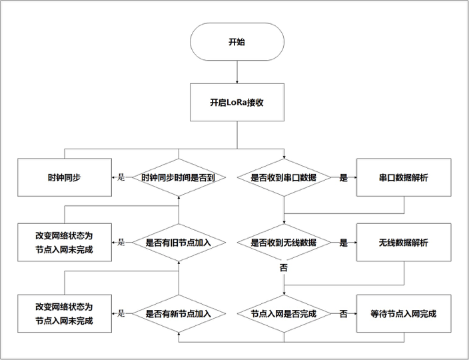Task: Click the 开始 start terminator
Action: coord(236,41)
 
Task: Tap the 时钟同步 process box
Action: coord(65,178)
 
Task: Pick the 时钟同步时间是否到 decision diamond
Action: coord(178,178)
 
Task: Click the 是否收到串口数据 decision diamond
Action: coord(284,178)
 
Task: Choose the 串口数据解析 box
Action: coord(404,178)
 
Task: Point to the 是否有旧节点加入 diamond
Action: coord(178,243)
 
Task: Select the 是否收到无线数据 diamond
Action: coord(284,243)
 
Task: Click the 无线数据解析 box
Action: coord(404,243)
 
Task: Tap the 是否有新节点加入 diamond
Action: coord(178,313)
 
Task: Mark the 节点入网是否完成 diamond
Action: coord(284,313)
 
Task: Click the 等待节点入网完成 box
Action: coord(404,313)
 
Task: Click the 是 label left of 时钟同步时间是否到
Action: coord(121,178)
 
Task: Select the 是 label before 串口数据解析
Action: coord(344,178)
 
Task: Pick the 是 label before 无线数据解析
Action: coord(344,243)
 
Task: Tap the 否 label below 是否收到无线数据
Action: coord(284,268)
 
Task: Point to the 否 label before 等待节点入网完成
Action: coord(344,313)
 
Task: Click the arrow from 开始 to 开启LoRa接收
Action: coord(237,71)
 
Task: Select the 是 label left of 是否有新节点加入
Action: coord(121,313)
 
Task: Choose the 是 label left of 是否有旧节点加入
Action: coord(121,243)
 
